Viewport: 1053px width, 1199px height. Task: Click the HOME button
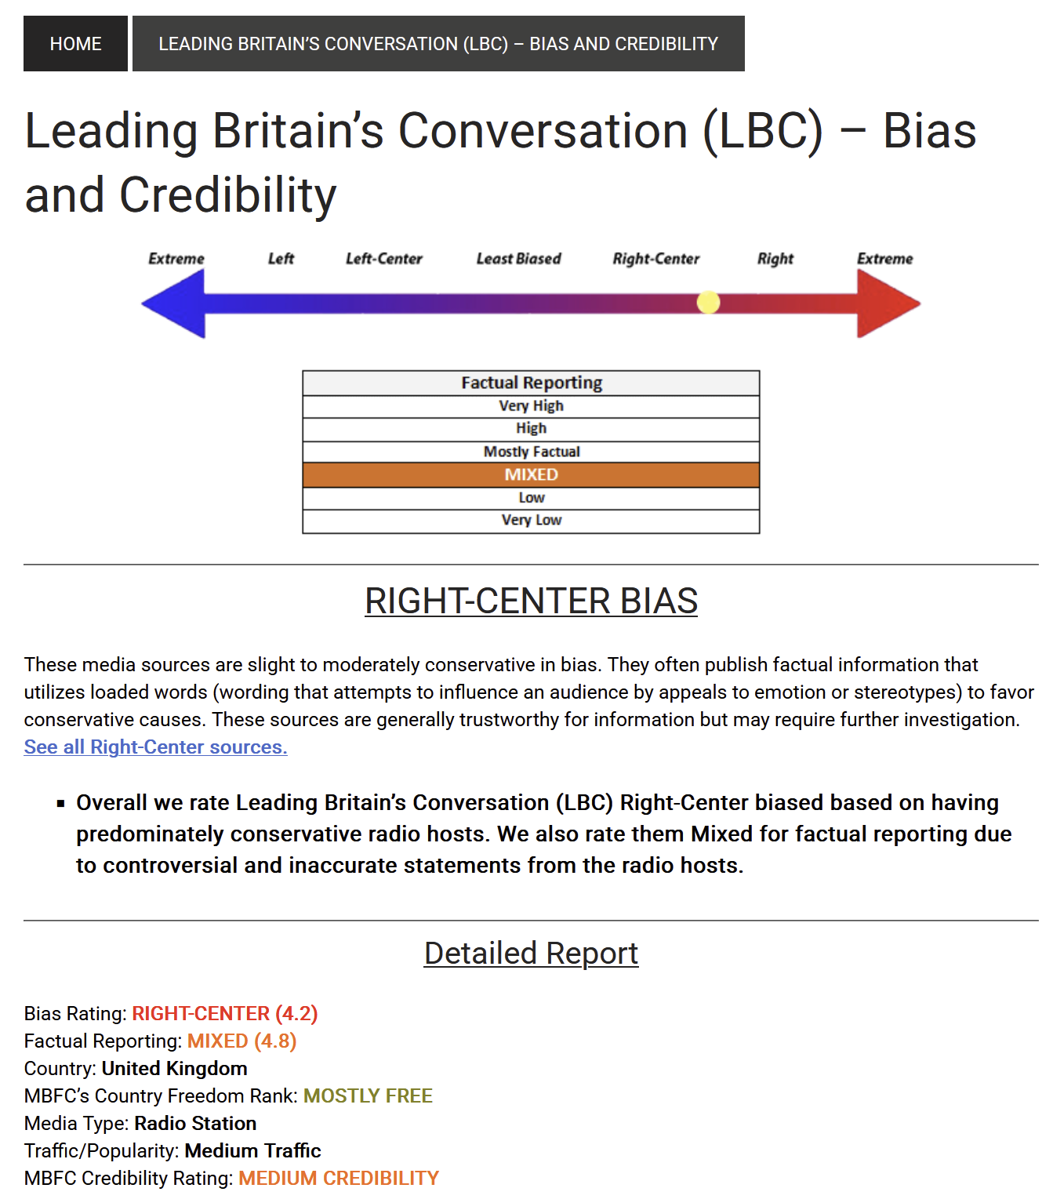coord(75,44)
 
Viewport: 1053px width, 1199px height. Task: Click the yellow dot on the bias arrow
coord(708,303)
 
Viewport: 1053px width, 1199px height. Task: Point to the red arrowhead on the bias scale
coord(887,303)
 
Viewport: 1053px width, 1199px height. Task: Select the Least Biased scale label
coord(518,259)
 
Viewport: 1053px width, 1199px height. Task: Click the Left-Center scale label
coord(383,259)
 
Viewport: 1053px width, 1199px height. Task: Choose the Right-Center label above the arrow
coord(655,259)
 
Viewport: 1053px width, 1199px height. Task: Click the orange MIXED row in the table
coord(531,474)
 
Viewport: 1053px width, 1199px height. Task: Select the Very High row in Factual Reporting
coord(531,405)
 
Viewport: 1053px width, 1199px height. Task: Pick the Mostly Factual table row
coord(531,452)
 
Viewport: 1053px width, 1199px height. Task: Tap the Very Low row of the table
coord(531,520)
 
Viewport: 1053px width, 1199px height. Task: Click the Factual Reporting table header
coord(531,383)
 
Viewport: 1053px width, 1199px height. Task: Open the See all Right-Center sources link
coord(155,747)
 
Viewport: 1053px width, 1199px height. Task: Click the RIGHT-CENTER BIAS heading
coord(531,601)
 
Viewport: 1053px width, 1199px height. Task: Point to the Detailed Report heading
coord(531,954)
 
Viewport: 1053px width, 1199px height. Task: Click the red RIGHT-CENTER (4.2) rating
coord(224,1014)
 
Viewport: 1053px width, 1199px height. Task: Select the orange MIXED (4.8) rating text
coord(241,1041)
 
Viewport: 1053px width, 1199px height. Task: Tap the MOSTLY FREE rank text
coord(368,1096)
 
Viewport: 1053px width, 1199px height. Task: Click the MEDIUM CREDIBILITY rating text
coord(339,1179)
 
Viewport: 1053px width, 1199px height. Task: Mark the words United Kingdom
coord(174,1069)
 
